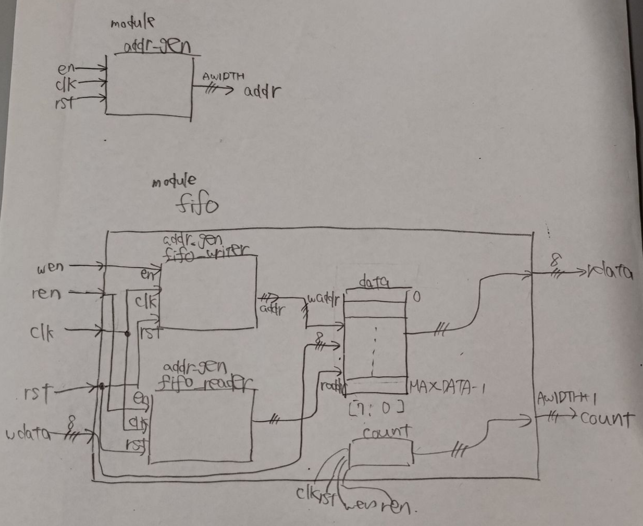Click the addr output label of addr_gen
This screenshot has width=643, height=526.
[262, 92]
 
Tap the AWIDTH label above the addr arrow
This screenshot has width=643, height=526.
[224, 77]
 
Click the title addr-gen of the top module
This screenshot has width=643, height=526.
[157, 47]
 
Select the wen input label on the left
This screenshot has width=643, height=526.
[50, 268]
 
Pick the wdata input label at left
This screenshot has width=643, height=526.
[28, 434]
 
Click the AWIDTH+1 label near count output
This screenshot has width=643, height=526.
[567, 399]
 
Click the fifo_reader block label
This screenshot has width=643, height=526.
[204, 384]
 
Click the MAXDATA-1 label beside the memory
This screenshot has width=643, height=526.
[447, 387]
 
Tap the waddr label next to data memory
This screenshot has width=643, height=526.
[324, 300]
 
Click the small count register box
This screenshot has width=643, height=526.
[380, 452]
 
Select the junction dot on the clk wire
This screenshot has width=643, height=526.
[127, 333]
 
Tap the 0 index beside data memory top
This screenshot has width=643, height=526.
[416, 297]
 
